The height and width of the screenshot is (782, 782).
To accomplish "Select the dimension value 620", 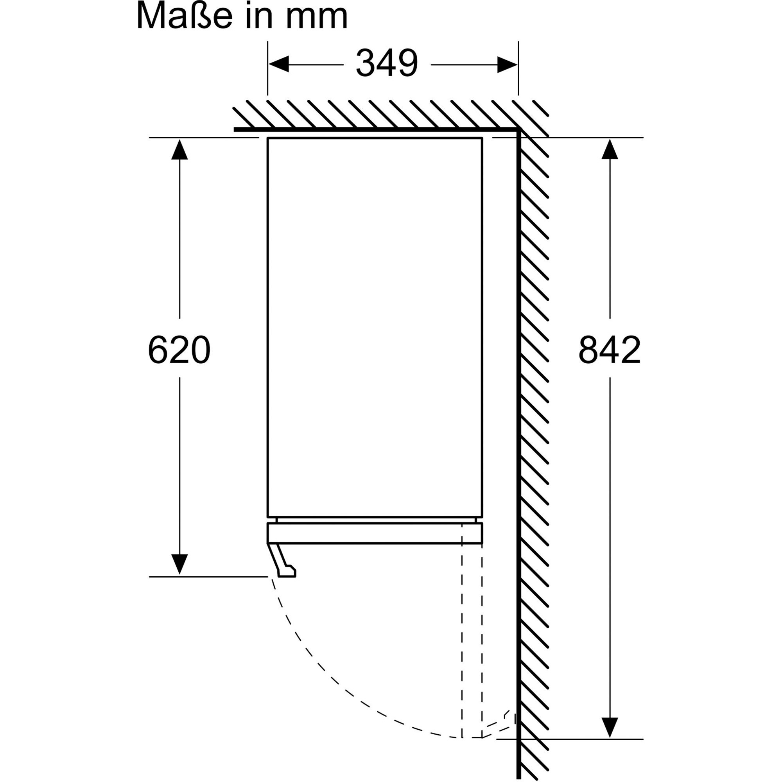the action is pos(179,349).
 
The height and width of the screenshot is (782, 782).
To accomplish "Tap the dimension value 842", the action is pos(610,349).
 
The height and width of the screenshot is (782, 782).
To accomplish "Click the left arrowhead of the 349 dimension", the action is pos(279,65).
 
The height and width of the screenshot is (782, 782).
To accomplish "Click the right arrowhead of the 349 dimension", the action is pos(507,65).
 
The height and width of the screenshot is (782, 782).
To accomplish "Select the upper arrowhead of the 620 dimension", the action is pos(179,149).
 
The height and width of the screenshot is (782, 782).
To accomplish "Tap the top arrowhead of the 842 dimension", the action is pos(610,149).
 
